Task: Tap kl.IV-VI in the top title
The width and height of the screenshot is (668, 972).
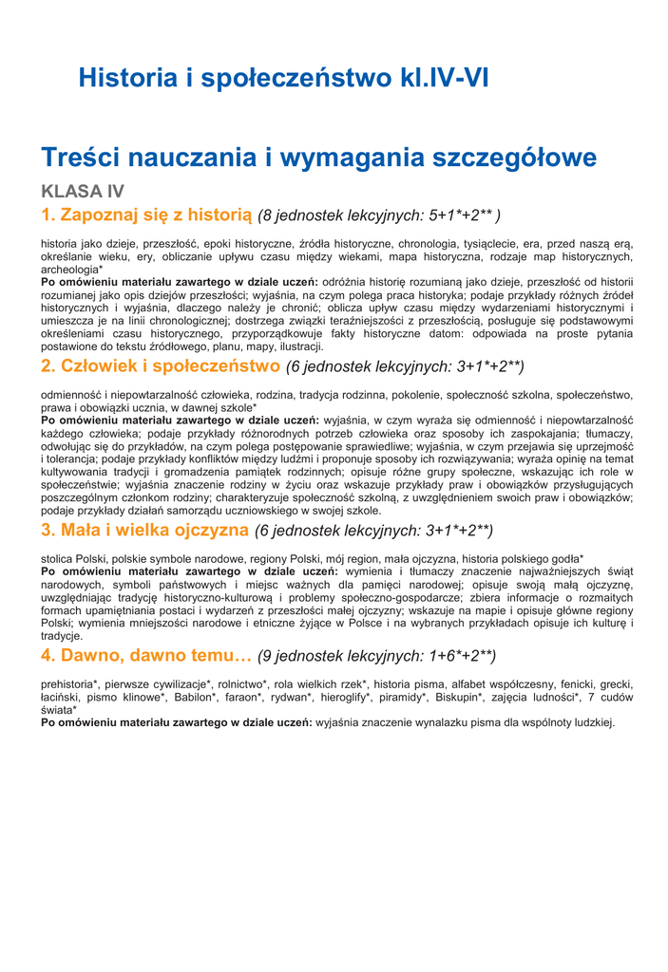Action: pos(443,77)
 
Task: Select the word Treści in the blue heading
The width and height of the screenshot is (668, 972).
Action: pos(86,157)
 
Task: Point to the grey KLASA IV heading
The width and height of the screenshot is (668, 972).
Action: pos(83,192)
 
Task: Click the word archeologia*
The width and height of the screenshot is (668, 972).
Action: pos(72,270)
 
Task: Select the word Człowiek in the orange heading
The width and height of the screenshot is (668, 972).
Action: pos(103,365)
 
